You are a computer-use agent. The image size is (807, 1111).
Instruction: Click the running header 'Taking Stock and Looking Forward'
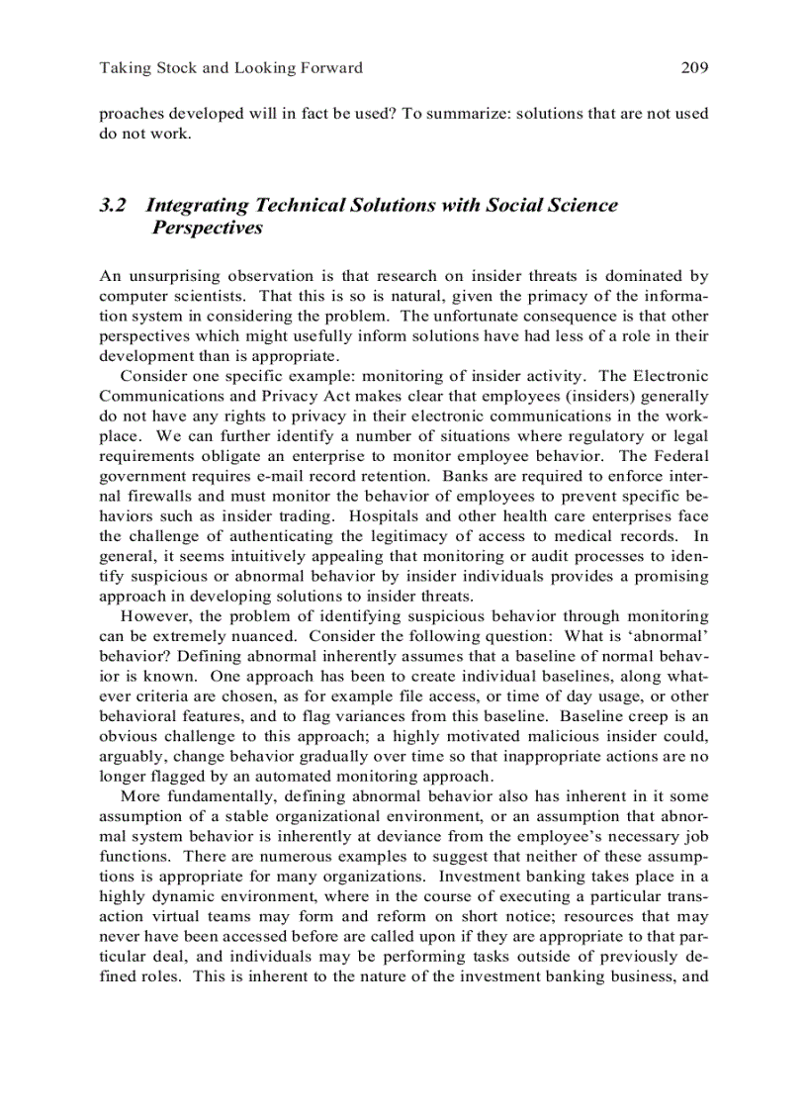[x=231, y=68]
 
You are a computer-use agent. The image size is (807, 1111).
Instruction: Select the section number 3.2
[x=113, y=206]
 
